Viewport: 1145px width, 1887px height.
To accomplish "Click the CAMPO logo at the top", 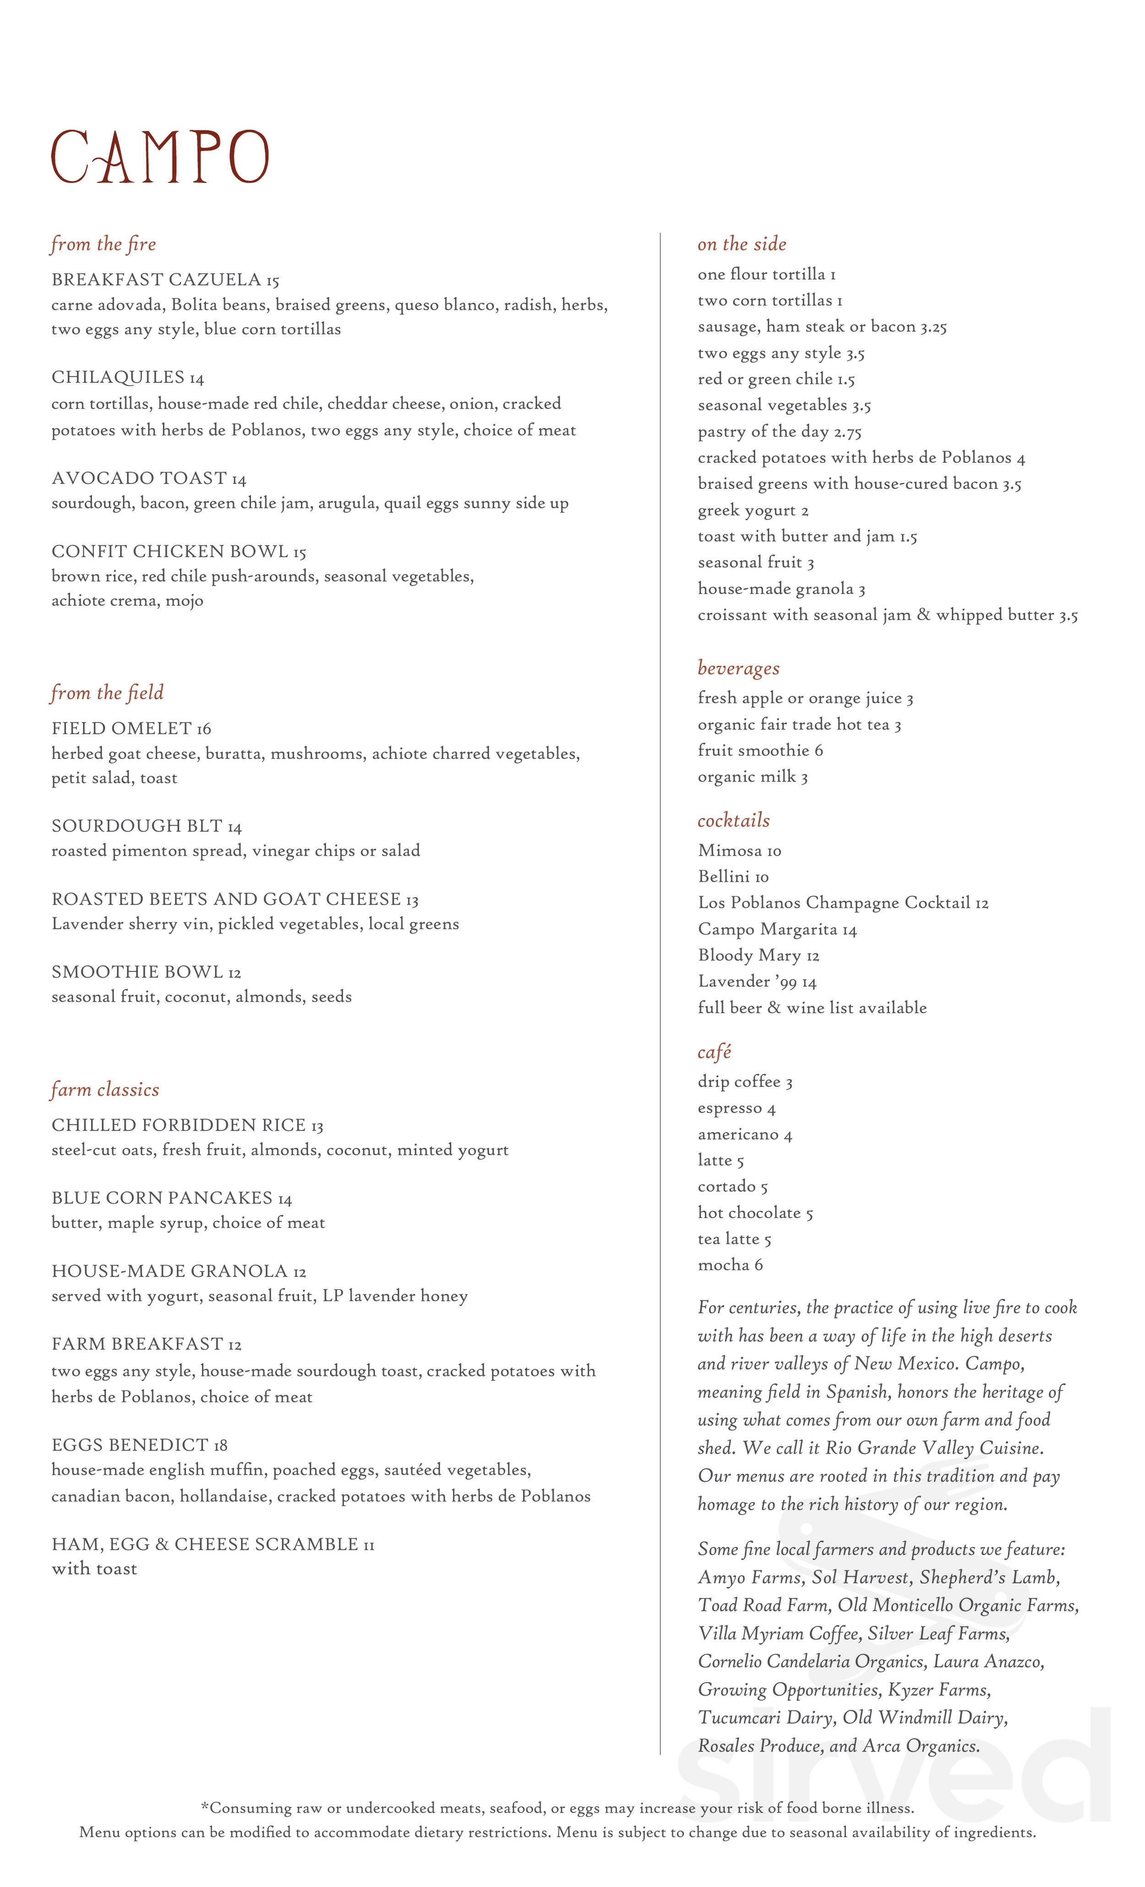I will [160, 157].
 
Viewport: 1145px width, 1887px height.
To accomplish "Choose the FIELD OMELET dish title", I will [121, 728].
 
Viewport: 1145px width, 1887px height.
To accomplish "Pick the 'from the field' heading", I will [107, 693].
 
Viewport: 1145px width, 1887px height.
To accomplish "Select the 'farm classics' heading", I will [105, 1090].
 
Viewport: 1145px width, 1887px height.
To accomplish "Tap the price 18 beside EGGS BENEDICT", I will [220, 1446].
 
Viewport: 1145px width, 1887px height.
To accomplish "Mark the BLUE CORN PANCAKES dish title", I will [162, 1198].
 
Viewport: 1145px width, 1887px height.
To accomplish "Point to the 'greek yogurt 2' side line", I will [753, 511].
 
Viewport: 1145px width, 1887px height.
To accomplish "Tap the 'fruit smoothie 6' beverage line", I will [760, 751].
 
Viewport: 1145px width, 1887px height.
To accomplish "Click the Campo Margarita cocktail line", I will [777, 930].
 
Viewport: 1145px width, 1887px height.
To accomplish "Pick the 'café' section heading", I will [714, 1052].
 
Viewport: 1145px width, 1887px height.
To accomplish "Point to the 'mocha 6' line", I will [730, 1265].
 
